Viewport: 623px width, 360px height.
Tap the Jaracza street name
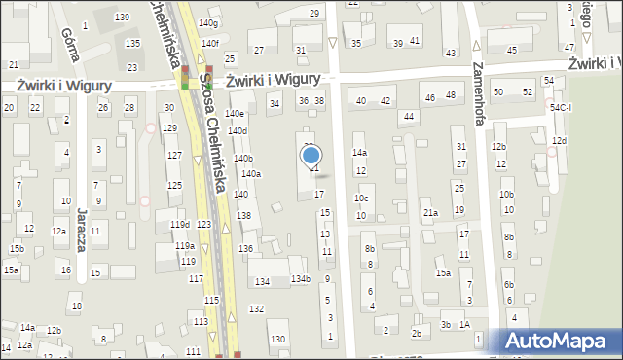click(x=83, y=230)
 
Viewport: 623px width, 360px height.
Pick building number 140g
click(x=208, y=22)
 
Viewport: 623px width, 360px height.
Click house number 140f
click(x=210, y=43)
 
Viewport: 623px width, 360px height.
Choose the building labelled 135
click(x=132, y=44)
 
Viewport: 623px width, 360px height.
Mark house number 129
click(x=169, y=128)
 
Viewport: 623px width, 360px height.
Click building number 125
click(x=174, y=185)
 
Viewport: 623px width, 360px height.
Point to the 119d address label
click(x=180, y=225)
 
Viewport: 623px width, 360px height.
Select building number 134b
click(x=300, y=280)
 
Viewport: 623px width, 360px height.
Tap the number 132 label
click(x=256, y=308)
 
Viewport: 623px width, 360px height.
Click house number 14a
click(x=359, y=153)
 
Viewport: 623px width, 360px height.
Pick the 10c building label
click(x=361, y=198)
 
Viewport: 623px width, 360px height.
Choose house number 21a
click(x=429, y=212)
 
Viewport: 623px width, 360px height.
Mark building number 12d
click(x=558, y=141)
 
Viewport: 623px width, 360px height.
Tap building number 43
click(x=450, y=53)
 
